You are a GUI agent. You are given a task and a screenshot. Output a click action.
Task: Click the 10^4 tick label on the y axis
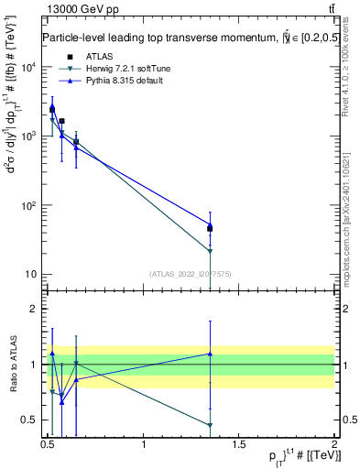[29, 67]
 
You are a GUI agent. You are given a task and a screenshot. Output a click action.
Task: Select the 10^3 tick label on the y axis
[29, 136]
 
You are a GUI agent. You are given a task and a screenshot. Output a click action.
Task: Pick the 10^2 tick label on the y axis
[29, 205]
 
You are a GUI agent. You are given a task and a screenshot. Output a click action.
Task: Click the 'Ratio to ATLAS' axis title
[12, 364]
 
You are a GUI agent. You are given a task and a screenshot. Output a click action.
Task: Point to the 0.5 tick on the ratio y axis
[29, 420]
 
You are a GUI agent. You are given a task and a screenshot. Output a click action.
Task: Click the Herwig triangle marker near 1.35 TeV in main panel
[210, 251]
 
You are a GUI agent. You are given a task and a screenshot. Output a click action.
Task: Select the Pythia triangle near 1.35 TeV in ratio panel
[210, 354]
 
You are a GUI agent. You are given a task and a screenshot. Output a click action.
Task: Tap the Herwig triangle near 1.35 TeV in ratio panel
[210, 425]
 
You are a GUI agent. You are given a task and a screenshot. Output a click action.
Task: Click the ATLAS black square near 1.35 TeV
[210, 228]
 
